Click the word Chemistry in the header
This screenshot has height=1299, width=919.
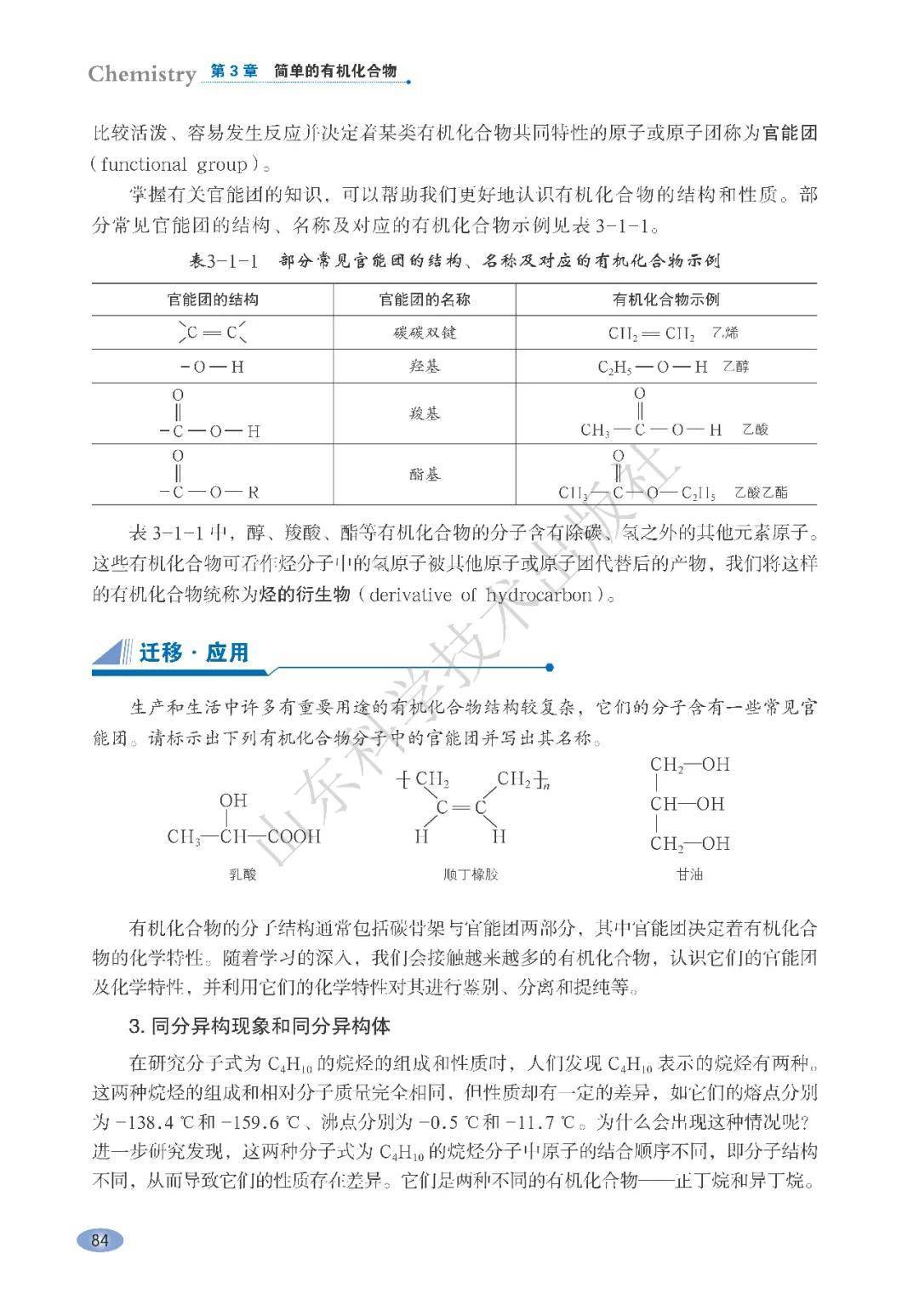(x=142, y=74)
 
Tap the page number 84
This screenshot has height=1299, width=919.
(x=100, y=1240)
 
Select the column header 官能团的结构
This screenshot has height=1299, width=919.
(x=213, y=299)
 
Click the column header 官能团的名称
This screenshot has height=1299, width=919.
(x=424, y=299)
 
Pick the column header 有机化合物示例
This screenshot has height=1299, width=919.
(x=665, y=299)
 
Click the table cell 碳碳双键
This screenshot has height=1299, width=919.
(x=424, y=333)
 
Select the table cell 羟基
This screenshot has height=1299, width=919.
(x=424, y=367)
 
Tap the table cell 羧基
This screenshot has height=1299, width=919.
(x=424, y=413)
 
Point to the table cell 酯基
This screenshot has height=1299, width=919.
(x=424, y=474)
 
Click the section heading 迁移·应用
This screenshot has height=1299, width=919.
(x=194, y=652)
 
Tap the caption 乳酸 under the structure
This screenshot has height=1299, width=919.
(x=243, y=874)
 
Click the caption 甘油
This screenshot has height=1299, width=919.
(x=689, y=874)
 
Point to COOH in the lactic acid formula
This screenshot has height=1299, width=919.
(x=294, y=836)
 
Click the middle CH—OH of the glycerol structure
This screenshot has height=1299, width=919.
(x=688, y=804)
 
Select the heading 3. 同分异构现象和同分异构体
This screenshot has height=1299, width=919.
(x=260, y=1026)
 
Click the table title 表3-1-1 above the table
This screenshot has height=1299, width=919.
(x=223, y=261)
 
